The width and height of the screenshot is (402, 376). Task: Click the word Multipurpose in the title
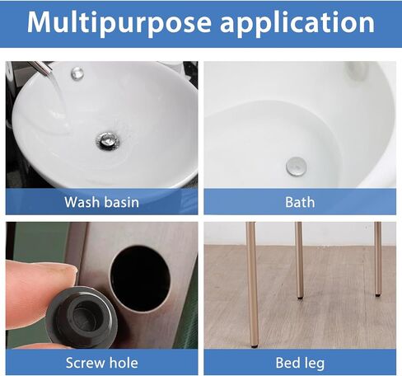click(x=119, y=23)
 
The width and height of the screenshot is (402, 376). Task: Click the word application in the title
click(x=297, y=23)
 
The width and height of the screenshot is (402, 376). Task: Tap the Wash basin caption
click(x=101, y=202)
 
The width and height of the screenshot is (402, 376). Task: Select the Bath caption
click(x=300, y=202)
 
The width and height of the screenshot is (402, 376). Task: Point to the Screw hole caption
click(x=101, y=363)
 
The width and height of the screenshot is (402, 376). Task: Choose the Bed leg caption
click(x=300, y=364)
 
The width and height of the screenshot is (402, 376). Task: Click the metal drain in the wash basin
click(x=108, y=141)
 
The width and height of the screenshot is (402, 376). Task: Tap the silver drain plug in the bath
click(x=296, y=167)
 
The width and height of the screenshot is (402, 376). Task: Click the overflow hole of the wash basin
click(x=77, y=73)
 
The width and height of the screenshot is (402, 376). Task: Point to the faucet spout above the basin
click(x=41, y=68)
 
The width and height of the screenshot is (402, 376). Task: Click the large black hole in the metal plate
click(x=140, y=279)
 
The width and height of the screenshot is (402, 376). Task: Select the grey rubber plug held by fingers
click(x=82, y=317)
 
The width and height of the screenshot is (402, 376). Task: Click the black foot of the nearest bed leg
click(x=255, y=346)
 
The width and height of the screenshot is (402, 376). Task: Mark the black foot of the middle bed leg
click(x=300, y=298)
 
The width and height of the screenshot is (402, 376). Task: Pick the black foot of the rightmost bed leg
click(x=378, y=295)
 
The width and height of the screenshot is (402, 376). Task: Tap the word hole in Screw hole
click(x=124, y=362)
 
